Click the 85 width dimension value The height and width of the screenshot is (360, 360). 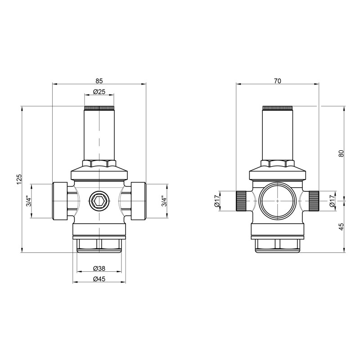pyautogui.click(x=99, y=81)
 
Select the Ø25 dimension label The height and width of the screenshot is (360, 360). pyautogui.click(x=99, y=92)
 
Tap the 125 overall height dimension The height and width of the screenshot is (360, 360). pyautogui.click(x=19, y=179)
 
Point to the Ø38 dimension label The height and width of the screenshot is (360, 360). pyautogui.click(x=99, y=269)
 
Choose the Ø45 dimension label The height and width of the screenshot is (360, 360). pyautogui.click(x=99, y=279)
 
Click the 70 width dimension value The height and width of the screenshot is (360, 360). pyautogui.click(x=278, y=81)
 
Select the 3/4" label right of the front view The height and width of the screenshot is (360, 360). pyautogui.click(x=165, y=201)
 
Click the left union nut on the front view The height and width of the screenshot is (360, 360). pyautogui.click(x=60, y=201)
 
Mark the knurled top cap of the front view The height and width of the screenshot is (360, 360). pyautogui.click(x=99, y=108)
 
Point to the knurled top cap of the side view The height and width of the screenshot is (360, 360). pyautogui.click(x=278, y=108)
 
